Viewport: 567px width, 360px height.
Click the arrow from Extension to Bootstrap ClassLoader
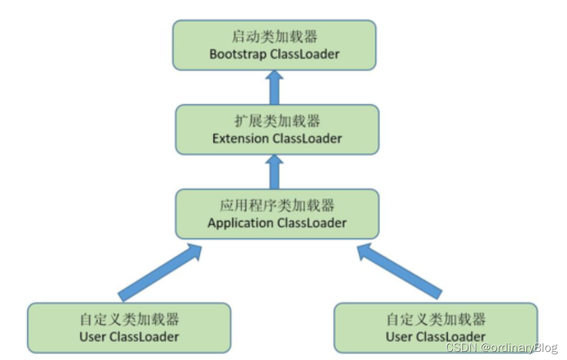point(274,87)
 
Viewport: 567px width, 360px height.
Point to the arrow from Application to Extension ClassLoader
point(274,172)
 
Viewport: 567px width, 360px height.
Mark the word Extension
point(241,138)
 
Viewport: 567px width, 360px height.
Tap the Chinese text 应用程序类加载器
point(277,206)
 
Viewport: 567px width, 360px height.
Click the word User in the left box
point(93,337)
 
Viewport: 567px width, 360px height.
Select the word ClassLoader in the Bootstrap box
point(305,54)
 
